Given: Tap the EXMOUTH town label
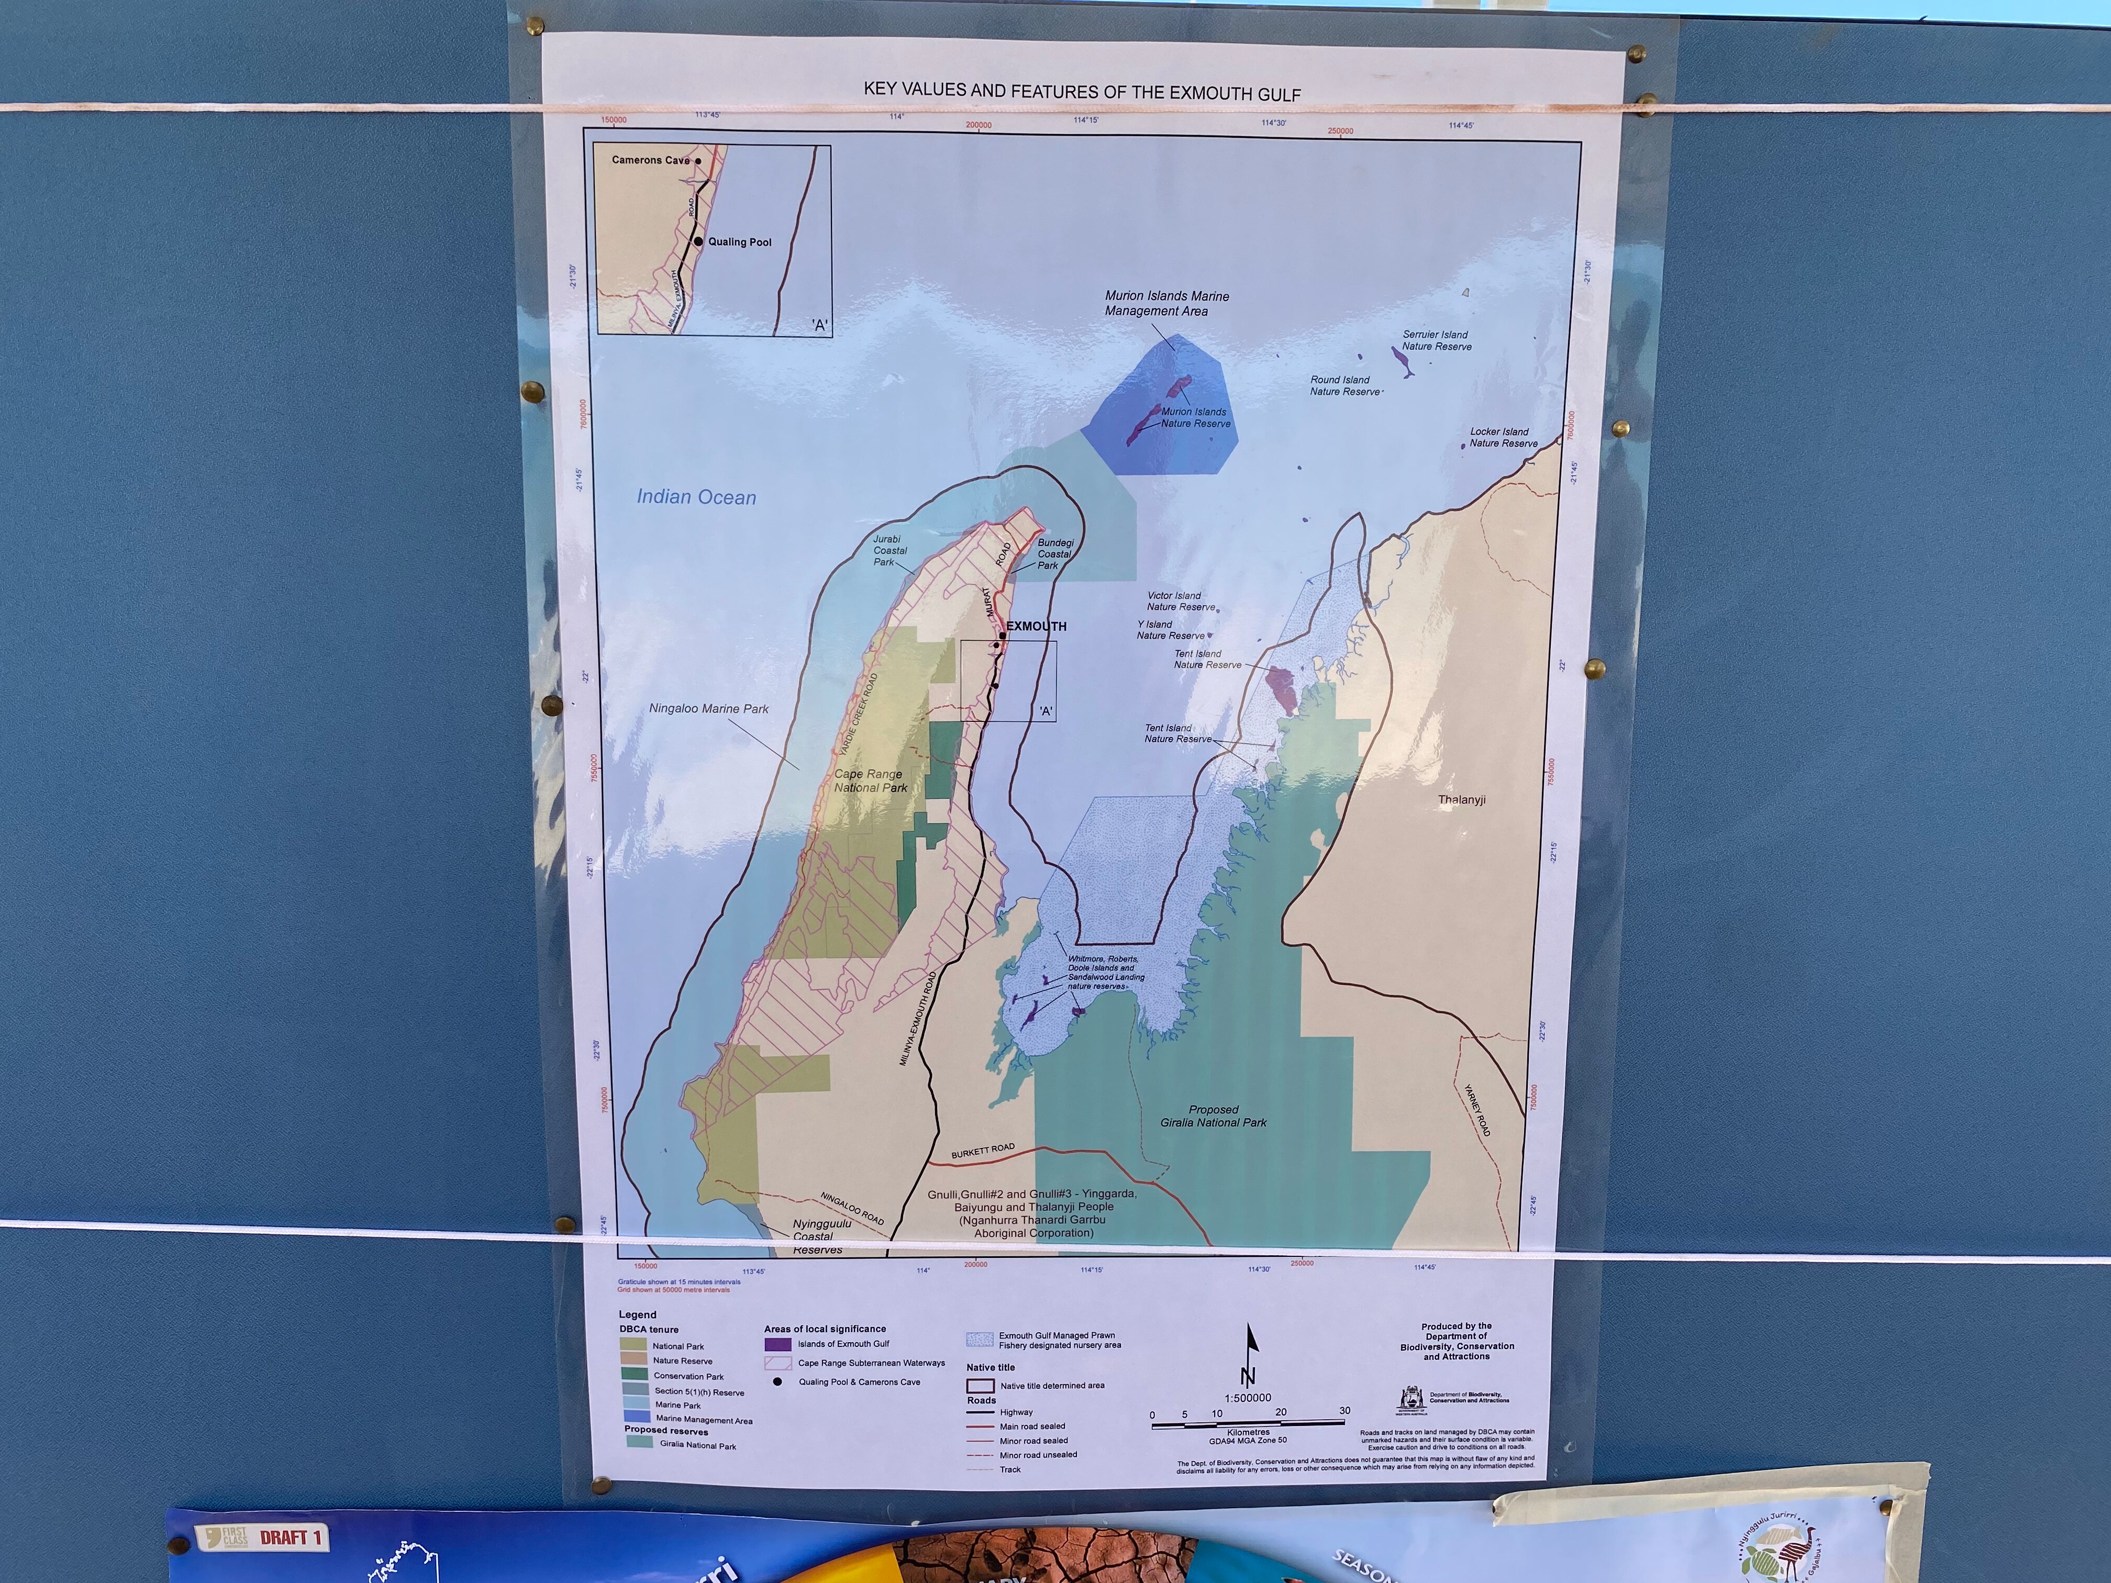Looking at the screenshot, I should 1037,626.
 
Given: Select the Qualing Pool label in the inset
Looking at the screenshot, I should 740,242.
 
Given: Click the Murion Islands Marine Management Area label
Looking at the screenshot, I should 1166,304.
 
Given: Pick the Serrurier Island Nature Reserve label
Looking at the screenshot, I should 1436,341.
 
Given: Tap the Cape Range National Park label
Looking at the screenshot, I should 870,781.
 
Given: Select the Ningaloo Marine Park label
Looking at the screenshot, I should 708,709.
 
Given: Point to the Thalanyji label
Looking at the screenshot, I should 1461,799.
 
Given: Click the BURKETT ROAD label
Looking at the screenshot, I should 982,1152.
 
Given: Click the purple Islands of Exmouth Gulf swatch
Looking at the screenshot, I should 778,1343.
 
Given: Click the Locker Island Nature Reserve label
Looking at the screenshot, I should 1503,437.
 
